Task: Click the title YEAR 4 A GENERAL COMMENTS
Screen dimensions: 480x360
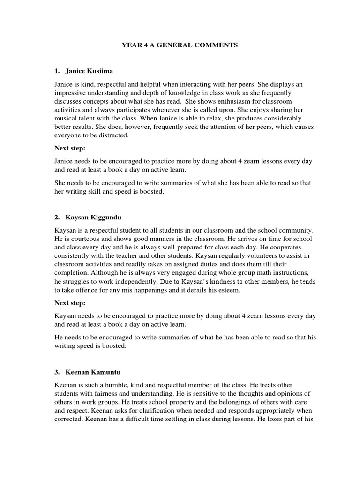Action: tap(180, 45)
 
